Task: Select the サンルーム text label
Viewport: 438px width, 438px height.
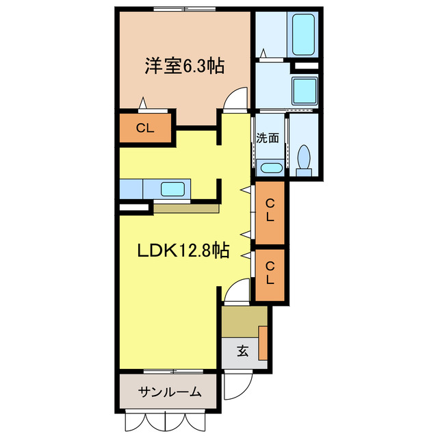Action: pyautogui.click(x=170, y=392)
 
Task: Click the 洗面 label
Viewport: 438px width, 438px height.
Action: pyautogui.click(x=268, y=138)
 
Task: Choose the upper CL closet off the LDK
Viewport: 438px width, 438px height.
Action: pyautogui.click(x=270, y=210)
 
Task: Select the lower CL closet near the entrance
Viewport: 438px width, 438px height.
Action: pyautogui.click(x=270, y=273)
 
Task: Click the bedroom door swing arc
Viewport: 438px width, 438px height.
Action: pyautogui.click(x=235, y=100)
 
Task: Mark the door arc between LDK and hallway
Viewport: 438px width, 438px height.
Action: pyautogui.click(x=237, y=293)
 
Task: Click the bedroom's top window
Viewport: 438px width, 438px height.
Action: pyautogui.click(x=183, y=9)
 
